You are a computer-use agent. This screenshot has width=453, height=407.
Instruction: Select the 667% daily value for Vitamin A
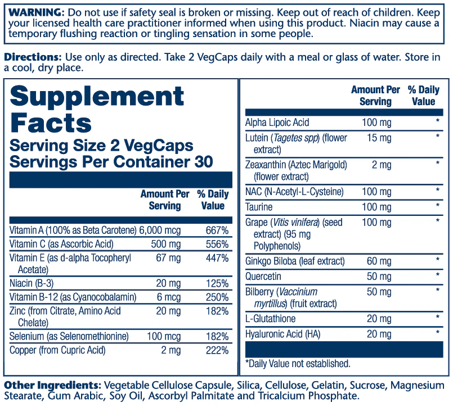[x=217, y=230]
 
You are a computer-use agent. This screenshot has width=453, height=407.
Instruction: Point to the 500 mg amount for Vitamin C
[x=166, y=245]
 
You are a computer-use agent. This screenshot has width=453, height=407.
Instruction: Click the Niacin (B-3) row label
[x=32, y=283]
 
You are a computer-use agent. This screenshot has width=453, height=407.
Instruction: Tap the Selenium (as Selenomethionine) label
[x=69, y=336]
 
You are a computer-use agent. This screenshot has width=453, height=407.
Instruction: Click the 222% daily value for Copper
[x=217, y=350]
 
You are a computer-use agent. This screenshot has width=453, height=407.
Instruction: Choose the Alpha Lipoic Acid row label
[x=277, y=123]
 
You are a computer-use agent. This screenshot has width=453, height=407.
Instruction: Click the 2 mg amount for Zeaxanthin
[x=378, y=165]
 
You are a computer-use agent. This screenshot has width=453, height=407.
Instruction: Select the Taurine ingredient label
[x=259, y=207]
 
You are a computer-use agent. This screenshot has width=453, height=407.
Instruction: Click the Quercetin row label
[x=263, y=277]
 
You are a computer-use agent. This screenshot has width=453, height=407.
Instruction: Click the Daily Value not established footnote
[x=298, y=364]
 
